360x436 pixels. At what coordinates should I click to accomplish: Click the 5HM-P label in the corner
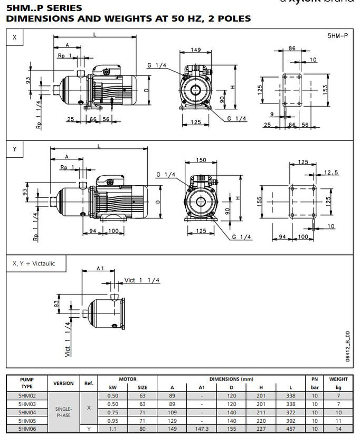point(338,36)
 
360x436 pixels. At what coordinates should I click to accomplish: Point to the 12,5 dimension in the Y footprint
point(331,172)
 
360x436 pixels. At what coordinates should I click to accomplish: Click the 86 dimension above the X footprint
point(292,48)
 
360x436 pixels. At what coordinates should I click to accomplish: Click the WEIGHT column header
point(338,379)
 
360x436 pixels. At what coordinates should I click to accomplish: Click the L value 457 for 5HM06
point(289,429)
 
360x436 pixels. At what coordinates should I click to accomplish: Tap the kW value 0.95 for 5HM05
point(113,421)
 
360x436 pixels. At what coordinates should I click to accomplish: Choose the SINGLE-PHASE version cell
point(63,412)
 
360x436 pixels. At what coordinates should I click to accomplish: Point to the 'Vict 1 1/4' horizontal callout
point(141,280)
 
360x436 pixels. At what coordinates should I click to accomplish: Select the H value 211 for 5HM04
point(260,412)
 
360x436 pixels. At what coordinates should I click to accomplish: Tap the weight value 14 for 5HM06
point(338,429)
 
